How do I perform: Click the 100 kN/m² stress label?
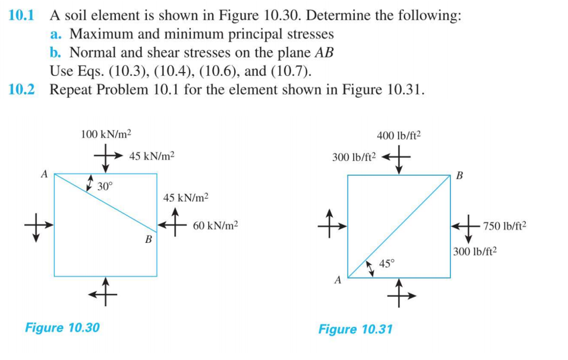(106, 134)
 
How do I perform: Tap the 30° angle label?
(104, 186)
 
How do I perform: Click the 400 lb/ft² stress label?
(399, 135)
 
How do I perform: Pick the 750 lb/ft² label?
(504, 226)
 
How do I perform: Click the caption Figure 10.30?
(63, 327)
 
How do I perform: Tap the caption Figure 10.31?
(355, 329)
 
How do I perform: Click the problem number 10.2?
(22, 90)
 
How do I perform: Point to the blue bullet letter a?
(55, 34)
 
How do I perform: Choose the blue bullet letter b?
(55, 53)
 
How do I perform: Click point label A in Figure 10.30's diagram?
(44, 174)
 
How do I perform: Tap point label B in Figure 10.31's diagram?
(459, 176)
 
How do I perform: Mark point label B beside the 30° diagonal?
(148, 240)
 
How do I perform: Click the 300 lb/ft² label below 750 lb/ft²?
(475, 251)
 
